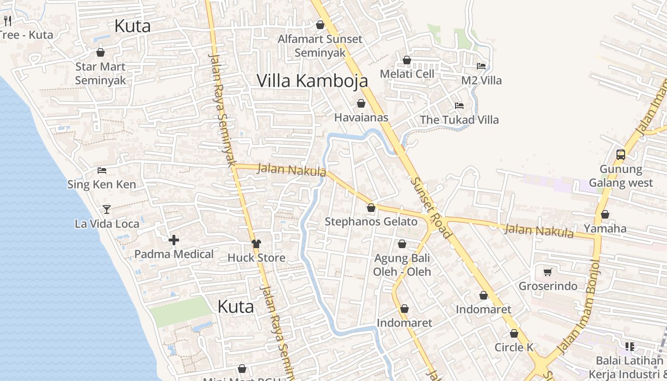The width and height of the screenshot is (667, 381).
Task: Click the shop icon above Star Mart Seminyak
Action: (x=101, y=52)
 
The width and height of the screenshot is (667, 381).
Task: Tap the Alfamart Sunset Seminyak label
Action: (x=320, y=46)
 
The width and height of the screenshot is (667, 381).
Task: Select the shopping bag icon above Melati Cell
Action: (x=407, y=60)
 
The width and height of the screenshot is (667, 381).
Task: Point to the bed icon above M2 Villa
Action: (x=481, y=66)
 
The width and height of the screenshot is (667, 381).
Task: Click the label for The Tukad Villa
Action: (x=459, y=120)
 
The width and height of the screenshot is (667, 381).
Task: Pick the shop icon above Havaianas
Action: (x=361, y=103)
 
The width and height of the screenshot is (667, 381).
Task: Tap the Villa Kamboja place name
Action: (x=313, y=80)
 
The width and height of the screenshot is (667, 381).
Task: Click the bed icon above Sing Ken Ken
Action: (x=101, y=170)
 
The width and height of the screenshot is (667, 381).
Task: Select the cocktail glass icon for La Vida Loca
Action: (x=106, y=210)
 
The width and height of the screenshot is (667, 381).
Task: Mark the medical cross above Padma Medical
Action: (x=174, y=240)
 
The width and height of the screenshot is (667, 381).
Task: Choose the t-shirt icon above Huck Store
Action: (x=256, y=244)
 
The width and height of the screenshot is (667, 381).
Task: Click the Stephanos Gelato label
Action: (x=371, y=221)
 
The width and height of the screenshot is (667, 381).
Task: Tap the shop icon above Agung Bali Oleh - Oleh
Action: (x=402, y=244)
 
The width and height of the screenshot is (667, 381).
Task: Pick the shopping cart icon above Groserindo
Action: (x=548, y=272)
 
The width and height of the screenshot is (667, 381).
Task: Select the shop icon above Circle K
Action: (x=514, y=333)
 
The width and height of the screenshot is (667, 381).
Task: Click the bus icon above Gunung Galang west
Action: (x=621, y=154)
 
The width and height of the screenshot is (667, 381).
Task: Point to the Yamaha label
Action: (x=605, y=228)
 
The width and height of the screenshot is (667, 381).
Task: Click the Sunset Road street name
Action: (x=431, y=208)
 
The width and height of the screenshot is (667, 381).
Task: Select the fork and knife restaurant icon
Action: (x=7, y=20)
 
